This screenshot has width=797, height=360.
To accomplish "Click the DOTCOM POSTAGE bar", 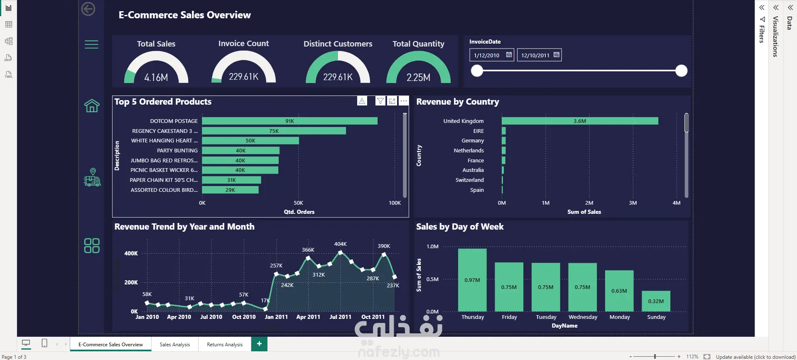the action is point(289,121).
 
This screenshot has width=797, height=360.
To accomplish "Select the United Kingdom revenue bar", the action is point(580,121).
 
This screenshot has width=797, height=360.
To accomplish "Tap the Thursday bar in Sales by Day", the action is point(472,280).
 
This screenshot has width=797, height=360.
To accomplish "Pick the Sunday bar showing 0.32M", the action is point(656,301).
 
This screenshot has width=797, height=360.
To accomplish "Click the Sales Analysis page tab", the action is point(175,344).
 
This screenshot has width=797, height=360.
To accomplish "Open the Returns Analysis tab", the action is point(225,344).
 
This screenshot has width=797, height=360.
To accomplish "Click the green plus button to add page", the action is point(259,344).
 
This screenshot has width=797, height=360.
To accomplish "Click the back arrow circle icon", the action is point(88,9).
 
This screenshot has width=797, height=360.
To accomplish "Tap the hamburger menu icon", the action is point(91,44).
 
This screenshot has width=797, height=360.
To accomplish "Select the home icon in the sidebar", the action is point(92,105).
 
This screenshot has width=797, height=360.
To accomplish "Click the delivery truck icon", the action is point(92,177).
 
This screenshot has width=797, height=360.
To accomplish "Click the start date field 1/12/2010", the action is point(492,55).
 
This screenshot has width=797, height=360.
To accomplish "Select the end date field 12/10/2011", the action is point(539,55).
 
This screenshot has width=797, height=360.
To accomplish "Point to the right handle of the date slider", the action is point(681,71).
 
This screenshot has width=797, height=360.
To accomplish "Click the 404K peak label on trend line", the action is point(340,244).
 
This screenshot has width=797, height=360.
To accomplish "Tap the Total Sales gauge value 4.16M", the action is point(156,77).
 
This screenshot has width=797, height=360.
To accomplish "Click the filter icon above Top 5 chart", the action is point(380,101).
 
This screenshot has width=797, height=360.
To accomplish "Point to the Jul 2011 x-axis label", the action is point(340,317).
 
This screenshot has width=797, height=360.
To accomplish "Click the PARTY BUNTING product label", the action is point(177,150).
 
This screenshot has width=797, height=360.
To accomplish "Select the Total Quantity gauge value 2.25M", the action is point(418,77).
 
